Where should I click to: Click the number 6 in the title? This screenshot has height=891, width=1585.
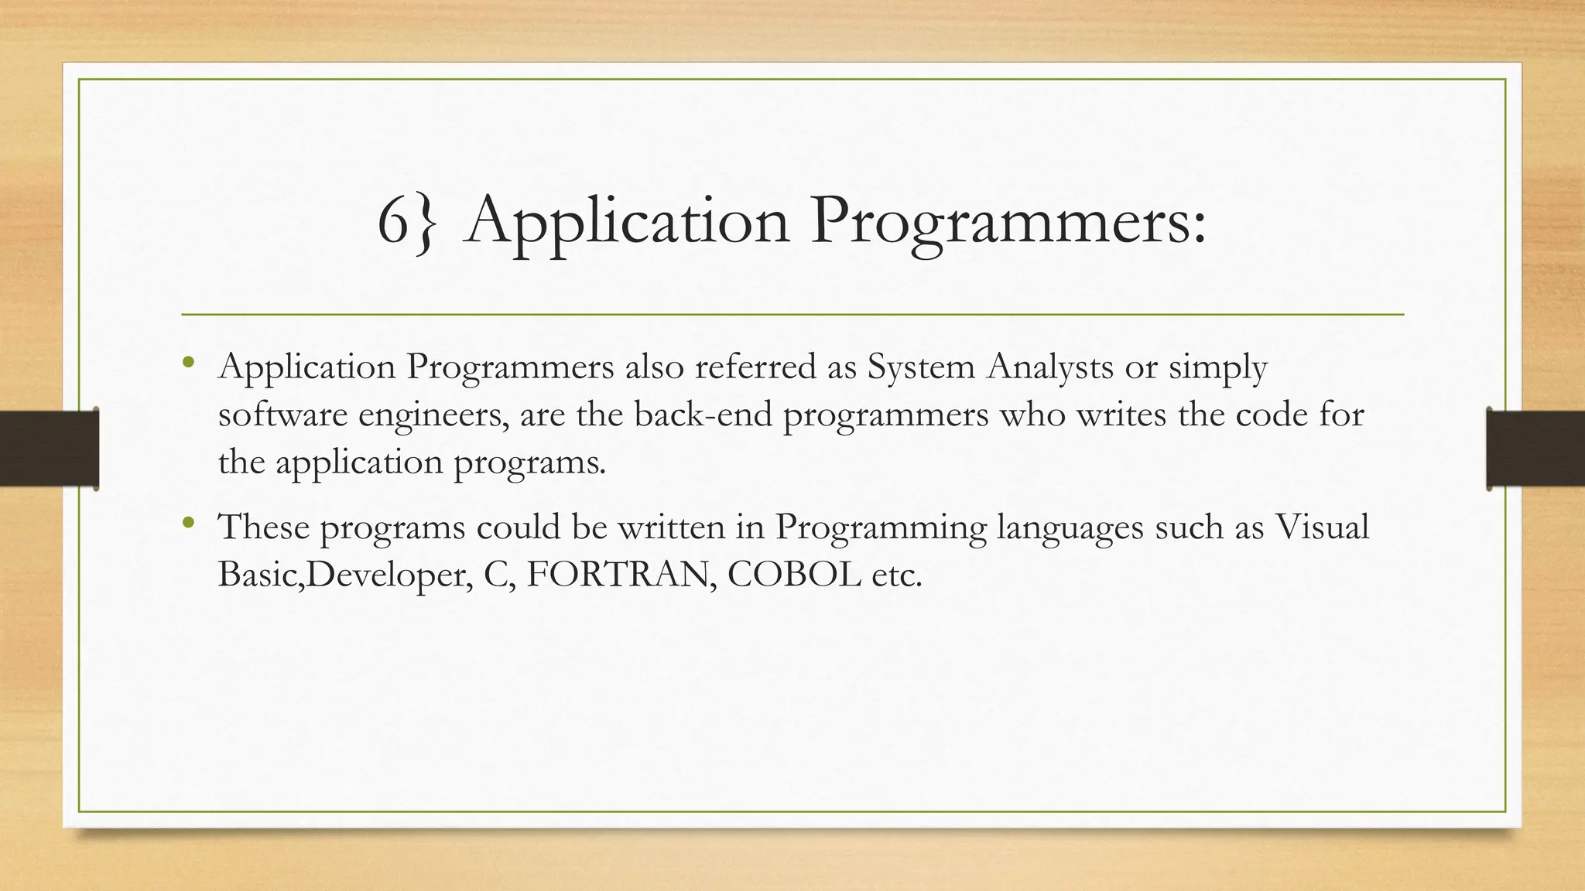tap(393, 221)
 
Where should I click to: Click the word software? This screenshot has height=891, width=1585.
tap(283, 415)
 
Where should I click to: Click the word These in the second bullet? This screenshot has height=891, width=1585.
tap(264, 527)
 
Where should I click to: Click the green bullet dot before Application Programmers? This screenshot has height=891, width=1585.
tap(189, 362)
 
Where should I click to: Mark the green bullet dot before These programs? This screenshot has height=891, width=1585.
tap(189, 522)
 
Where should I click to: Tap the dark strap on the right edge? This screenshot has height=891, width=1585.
tap(1535, 449)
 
